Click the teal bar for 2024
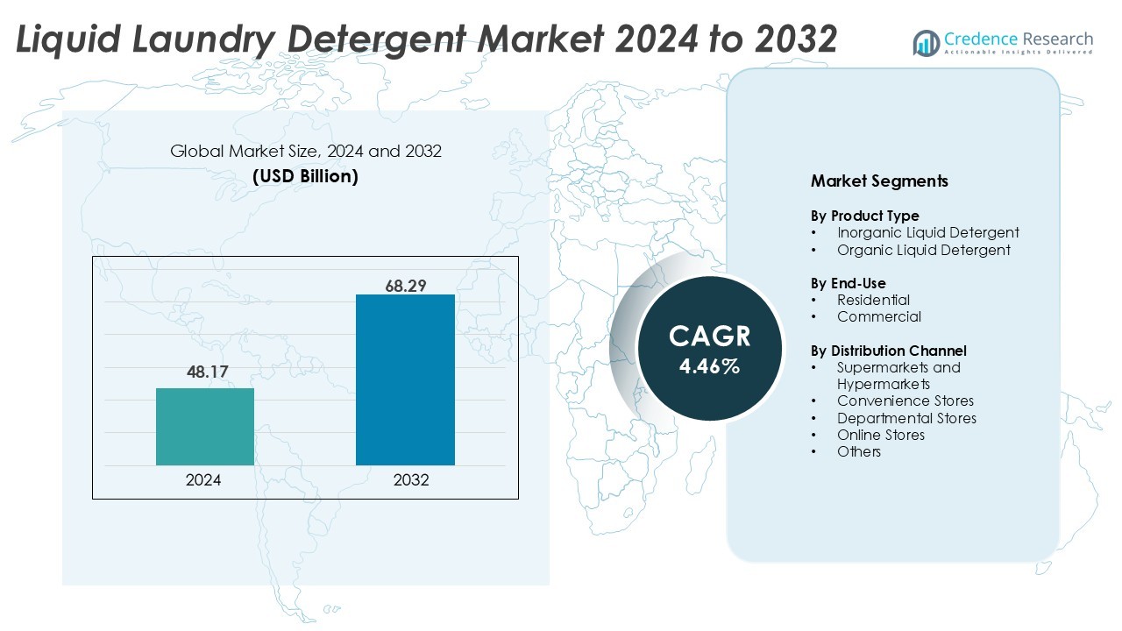click(x=205, y=426)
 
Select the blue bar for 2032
click(x=405, y=379)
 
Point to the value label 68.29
click(x=405, y=286)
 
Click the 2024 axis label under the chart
click(x=203, y=480)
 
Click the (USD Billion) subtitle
click(x=305, y=175)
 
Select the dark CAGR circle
click(x=709, y=349)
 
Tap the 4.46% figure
click(x=709, y=366)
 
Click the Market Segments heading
click(x=879, y=181)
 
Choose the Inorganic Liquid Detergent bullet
click(x=927, y=232)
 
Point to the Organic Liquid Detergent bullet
click(x=923, y=250)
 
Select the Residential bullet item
click(x=873, y=300)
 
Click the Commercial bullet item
click(x=878, y=316)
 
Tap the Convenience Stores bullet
click(x=905, y=401)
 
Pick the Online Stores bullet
click(x=880, y=435)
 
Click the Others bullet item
click(x=858, y=451)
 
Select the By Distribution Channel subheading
click(x=888, y=351)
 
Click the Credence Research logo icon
click(x=926, y=42)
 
